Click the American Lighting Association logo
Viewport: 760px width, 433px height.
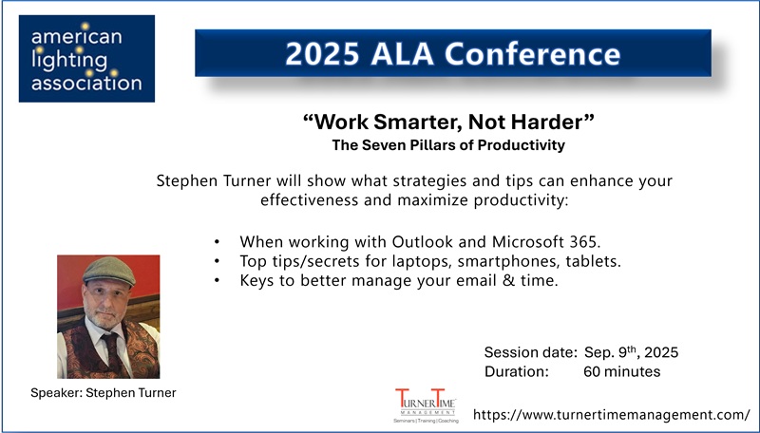coord(86,59)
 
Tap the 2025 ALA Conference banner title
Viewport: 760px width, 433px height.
coord(453,53)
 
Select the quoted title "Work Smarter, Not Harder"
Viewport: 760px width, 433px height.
coord(448,122)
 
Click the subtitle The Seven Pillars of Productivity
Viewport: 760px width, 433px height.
coord(448,145)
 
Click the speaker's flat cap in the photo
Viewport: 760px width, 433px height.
coord(109,271)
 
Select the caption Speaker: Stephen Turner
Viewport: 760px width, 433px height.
coord(104,393)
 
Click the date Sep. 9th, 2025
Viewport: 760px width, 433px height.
coord(631,352)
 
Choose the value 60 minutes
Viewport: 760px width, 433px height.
coord(622,372)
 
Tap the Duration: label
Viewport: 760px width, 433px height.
coord(517,372)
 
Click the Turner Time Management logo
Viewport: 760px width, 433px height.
coord(426,405)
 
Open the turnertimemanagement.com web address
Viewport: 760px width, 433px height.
coord(612,415)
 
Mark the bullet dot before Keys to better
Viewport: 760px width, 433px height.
coord(217,281)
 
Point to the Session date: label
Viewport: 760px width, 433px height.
coord(531,352)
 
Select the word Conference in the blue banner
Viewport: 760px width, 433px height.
coord(532,54)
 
